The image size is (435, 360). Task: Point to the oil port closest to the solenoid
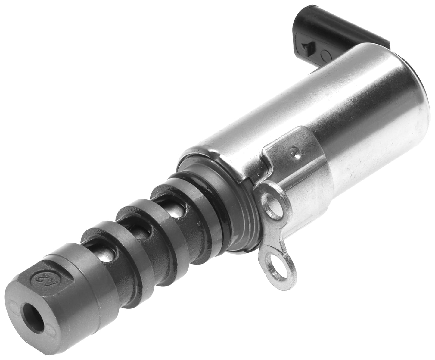click(x=175, y=211)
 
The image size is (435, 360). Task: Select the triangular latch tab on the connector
click(x=307, y=46)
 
